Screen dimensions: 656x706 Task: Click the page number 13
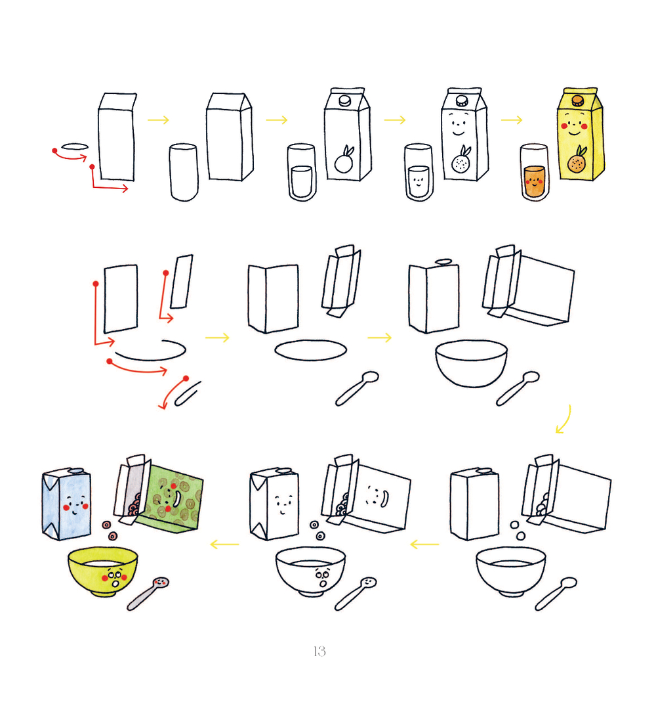click(x=319, y=651)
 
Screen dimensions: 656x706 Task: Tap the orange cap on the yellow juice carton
click(x=578, y=100)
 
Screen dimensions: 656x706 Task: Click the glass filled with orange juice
click(x=535, y=172)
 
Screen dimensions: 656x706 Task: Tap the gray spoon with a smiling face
click(x=148, y=594)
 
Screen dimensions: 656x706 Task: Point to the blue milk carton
click(x=66, y=503)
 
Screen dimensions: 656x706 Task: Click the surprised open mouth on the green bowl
click(x=115, y=583)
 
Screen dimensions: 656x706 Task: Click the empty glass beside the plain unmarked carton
click(x=184, y=172)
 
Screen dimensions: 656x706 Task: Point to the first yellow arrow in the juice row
click(x=158, y=120)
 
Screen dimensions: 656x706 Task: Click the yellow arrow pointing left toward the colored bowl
click(x=224, y=544)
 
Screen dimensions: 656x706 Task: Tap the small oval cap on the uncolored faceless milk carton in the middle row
click(x=443, y=261)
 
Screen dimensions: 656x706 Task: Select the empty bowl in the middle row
click(x=471, y=363)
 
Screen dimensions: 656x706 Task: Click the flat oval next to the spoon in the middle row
click(x=311, y=350)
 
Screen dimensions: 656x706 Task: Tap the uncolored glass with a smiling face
click(x=419, y=172)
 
